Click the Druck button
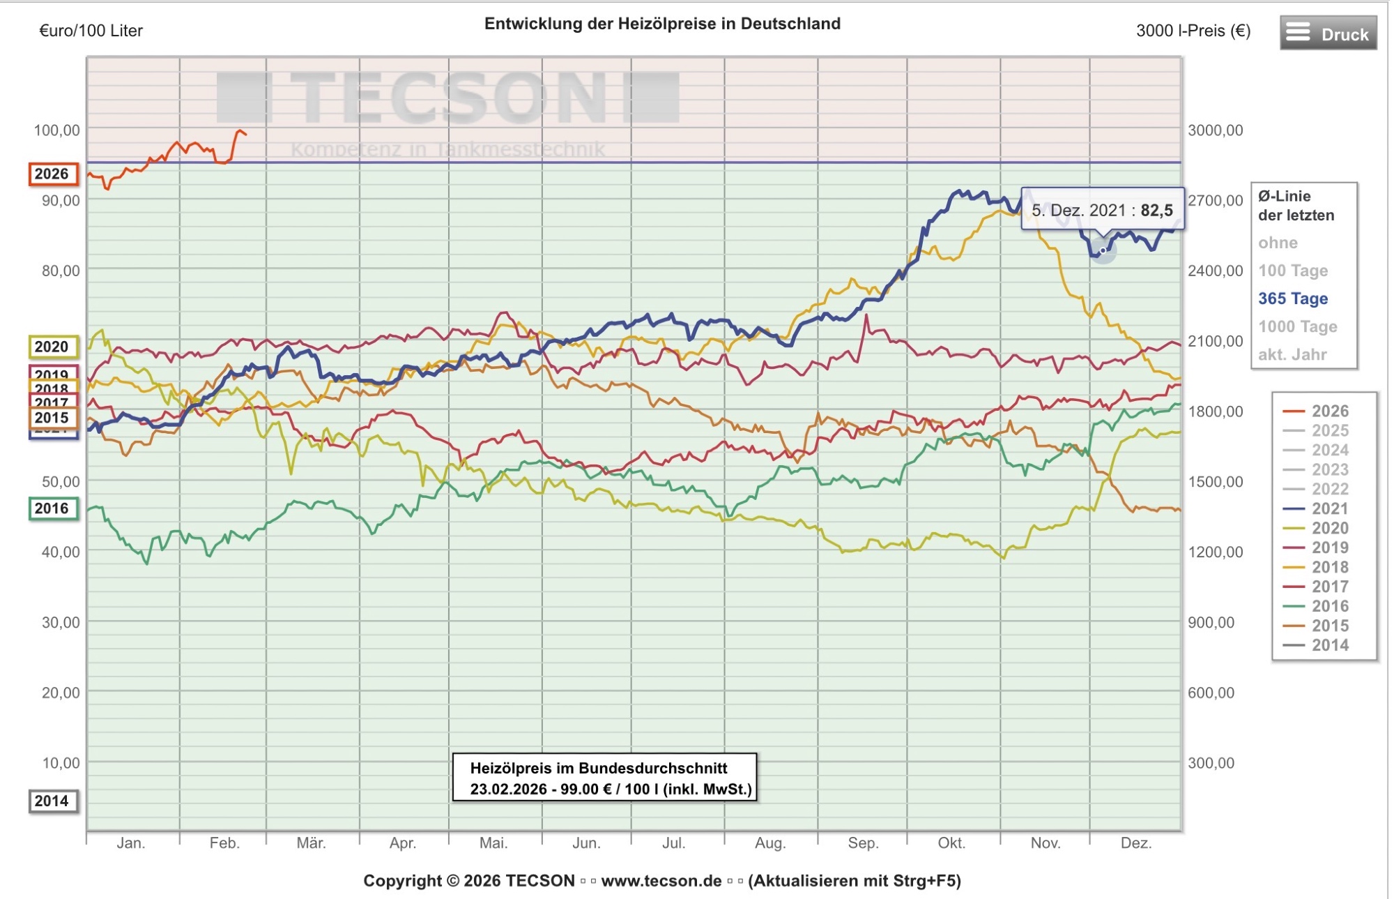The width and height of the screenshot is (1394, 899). point(1328,33)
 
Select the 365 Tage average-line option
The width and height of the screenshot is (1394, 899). point(1292,299)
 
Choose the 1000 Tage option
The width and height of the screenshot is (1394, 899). point(1297,326)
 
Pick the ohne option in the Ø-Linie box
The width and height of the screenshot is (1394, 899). point(1278,243)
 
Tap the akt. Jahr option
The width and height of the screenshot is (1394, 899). point(1292,354)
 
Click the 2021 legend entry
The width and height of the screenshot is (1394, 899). point(1329,508)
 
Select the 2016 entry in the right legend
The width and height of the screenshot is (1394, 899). point(1329,606)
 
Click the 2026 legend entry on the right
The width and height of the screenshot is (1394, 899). point(1329,411)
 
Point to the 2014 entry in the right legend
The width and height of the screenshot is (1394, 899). point(1329,645)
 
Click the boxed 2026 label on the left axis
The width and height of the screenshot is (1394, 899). point(52,174)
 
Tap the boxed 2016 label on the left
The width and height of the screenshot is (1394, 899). point(52,508)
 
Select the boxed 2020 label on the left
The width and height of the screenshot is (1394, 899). point(52,347)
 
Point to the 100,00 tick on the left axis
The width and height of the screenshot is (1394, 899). point(56,130)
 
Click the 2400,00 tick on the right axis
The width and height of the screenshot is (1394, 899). point(1215,271)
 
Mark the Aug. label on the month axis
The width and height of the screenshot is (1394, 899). point(769,843)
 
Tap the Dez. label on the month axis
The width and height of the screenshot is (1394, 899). point(1135,843)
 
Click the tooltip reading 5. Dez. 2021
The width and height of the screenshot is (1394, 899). point(1102,210)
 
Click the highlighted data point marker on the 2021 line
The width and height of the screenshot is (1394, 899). point(1103,250)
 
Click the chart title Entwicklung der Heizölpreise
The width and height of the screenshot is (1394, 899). point(662,24)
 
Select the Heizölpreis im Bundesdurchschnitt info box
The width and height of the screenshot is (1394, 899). point(604,778)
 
